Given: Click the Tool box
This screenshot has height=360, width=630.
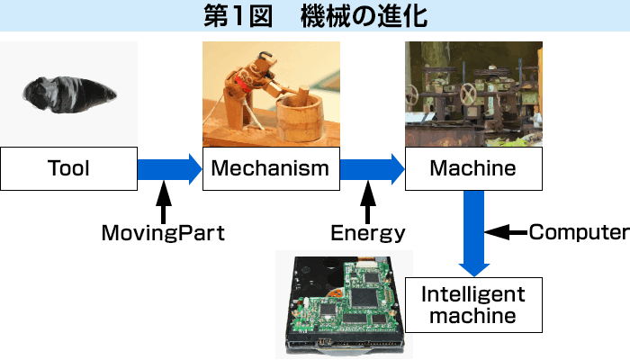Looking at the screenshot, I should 68,168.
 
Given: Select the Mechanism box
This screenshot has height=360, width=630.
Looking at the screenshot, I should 271,168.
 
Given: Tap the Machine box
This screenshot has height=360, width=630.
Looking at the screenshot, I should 473,168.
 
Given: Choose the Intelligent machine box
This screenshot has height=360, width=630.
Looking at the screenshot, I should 473,304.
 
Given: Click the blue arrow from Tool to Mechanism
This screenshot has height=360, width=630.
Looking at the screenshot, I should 169,168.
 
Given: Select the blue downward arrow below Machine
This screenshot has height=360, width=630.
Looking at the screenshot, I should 473,232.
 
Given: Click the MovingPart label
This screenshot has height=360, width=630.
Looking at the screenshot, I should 162,234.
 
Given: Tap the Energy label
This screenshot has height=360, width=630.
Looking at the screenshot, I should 367,234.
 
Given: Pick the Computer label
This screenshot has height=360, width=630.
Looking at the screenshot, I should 578,232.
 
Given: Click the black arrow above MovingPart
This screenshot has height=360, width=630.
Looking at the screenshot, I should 163,202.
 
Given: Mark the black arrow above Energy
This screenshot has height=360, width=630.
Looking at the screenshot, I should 367,202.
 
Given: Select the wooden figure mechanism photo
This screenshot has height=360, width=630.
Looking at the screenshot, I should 271,94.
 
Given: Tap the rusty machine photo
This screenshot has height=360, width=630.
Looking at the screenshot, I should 473,94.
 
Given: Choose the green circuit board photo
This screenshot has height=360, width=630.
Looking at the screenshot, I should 340,303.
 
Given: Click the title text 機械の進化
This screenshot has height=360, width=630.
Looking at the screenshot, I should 364,16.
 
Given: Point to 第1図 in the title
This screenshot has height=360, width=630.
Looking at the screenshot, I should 236,16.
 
